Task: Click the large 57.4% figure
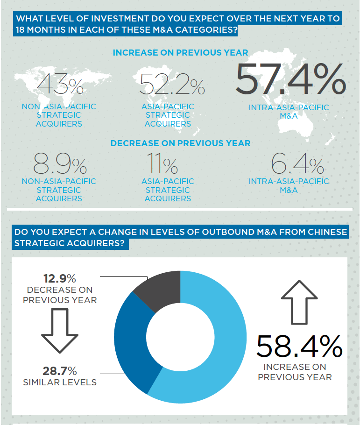point(290,79)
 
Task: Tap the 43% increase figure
point(59,85)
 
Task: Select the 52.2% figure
point(172,85)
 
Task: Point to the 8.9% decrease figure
point(59,163)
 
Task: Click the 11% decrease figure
point(162,163)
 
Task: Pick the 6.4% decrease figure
point(297,163)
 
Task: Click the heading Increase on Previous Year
point(180,53)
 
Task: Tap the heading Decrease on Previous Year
point(180,143)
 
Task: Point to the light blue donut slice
point(219,346)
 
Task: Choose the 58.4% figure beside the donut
point(299,347)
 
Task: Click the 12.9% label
point(59,279)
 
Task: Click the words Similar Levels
point(60,382)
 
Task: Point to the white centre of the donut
point(180,337)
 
